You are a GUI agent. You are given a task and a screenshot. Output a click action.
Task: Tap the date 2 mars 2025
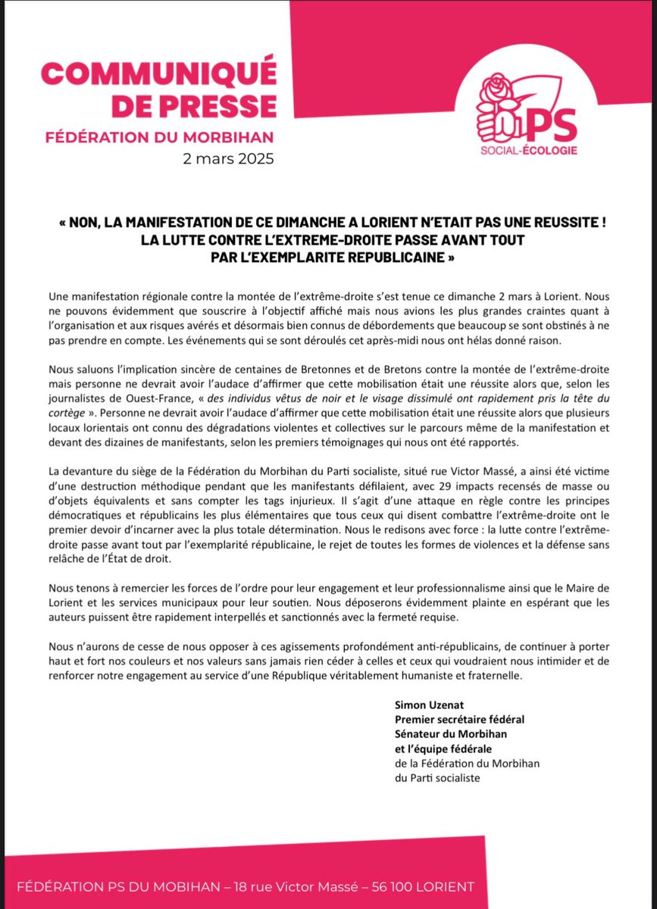(x=227, y=160)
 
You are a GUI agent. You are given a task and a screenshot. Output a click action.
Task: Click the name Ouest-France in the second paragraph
(x=144, y=398)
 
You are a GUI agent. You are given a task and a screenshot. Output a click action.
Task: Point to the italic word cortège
(x=70, y=416)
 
